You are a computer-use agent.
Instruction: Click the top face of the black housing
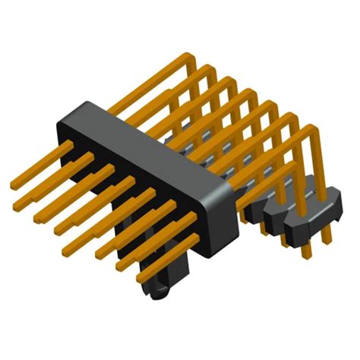click(144, 144)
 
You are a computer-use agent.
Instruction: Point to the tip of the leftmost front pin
click(12, 185)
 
